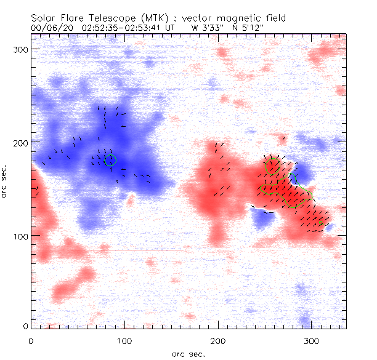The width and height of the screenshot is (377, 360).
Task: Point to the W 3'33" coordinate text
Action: click(204, 27)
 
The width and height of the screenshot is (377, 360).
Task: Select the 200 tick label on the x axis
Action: click(218, 340)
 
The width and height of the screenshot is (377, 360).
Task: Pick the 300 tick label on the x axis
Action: click(312, 340)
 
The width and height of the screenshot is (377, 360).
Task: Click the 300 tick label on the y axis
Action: click(22, 49)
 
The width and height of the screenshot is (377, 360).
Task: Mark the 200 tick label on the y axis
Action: click(22, 142)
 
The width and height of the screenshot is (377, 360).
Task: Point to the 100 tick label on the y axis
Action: click(22, 236)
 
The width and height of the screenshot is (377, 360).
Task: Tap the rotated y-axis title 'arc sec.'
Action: click(6, 181)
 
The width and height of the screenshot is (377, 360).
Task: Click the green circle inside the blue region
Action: click(110, 161)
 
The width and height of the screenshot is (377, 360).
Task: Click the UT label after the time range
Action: click(172, 27)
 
